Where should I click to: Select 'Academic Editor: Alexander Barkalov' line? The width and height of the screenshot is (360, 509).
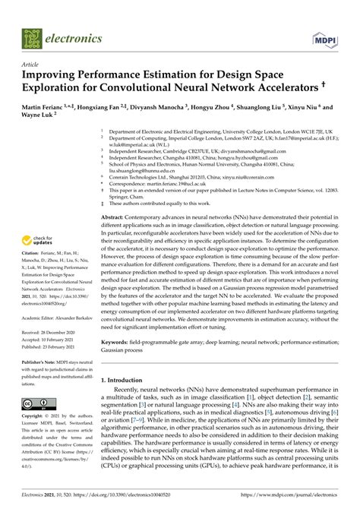tap(60, 317)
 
